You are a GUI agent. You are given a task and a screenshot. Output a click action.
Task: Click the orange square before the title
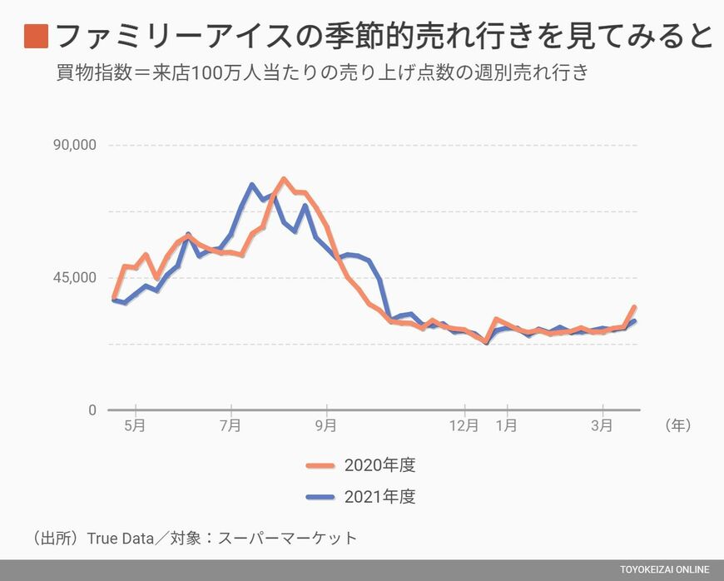pyautogui.click(x=36, y=36)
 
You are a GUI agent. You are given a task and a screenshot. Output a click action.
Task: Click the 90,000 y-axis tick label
pyautogui.click(x=76, y=144)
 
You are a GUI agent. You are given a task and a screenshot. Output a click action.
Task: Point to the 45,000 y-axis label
pyautogui.click(x=76, y=277)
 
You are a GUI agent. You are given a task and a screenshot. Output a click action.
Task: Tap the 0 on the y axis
pyautogui.click(x=92, y=410)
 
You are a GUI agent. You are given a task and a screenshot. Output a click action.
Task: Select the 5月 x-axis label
pyautogui.click(x=135, y=425)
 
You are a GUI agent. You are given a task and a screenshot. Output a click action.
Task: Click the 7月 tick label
pyautogui.click(x=231, y=425)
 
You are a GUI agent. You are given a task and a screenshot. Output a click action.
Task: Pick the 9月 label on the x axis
pyautogui.click(x=326, y=425)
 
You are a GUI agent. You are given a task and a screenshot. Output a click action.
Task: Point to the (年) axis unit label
pyautogui.click(x=678, y=425)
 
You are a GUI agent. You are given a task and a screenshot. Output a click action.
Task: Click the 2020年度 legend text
pyautogui.click(x=379, y=465)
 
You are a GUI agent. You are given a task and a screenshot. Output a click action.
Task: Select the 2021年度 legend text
pyautogui.click(x=379, y=497)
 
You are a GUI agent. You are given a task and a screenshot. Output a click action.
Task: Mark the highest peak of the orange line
pyautogui.click(x=284, y=179)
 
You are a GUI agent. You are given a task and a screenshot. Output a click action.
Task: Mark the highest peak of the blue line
pyautogui.click(x=251, y=185)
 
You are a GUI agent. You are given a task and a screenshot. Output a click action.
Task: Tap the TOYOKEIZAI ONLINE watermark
pyautogui.click(x=664, y=569)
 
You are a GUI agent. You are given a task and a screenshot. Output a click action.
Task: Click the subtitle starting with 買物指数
pyautogui.click(x=322, y=72)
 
